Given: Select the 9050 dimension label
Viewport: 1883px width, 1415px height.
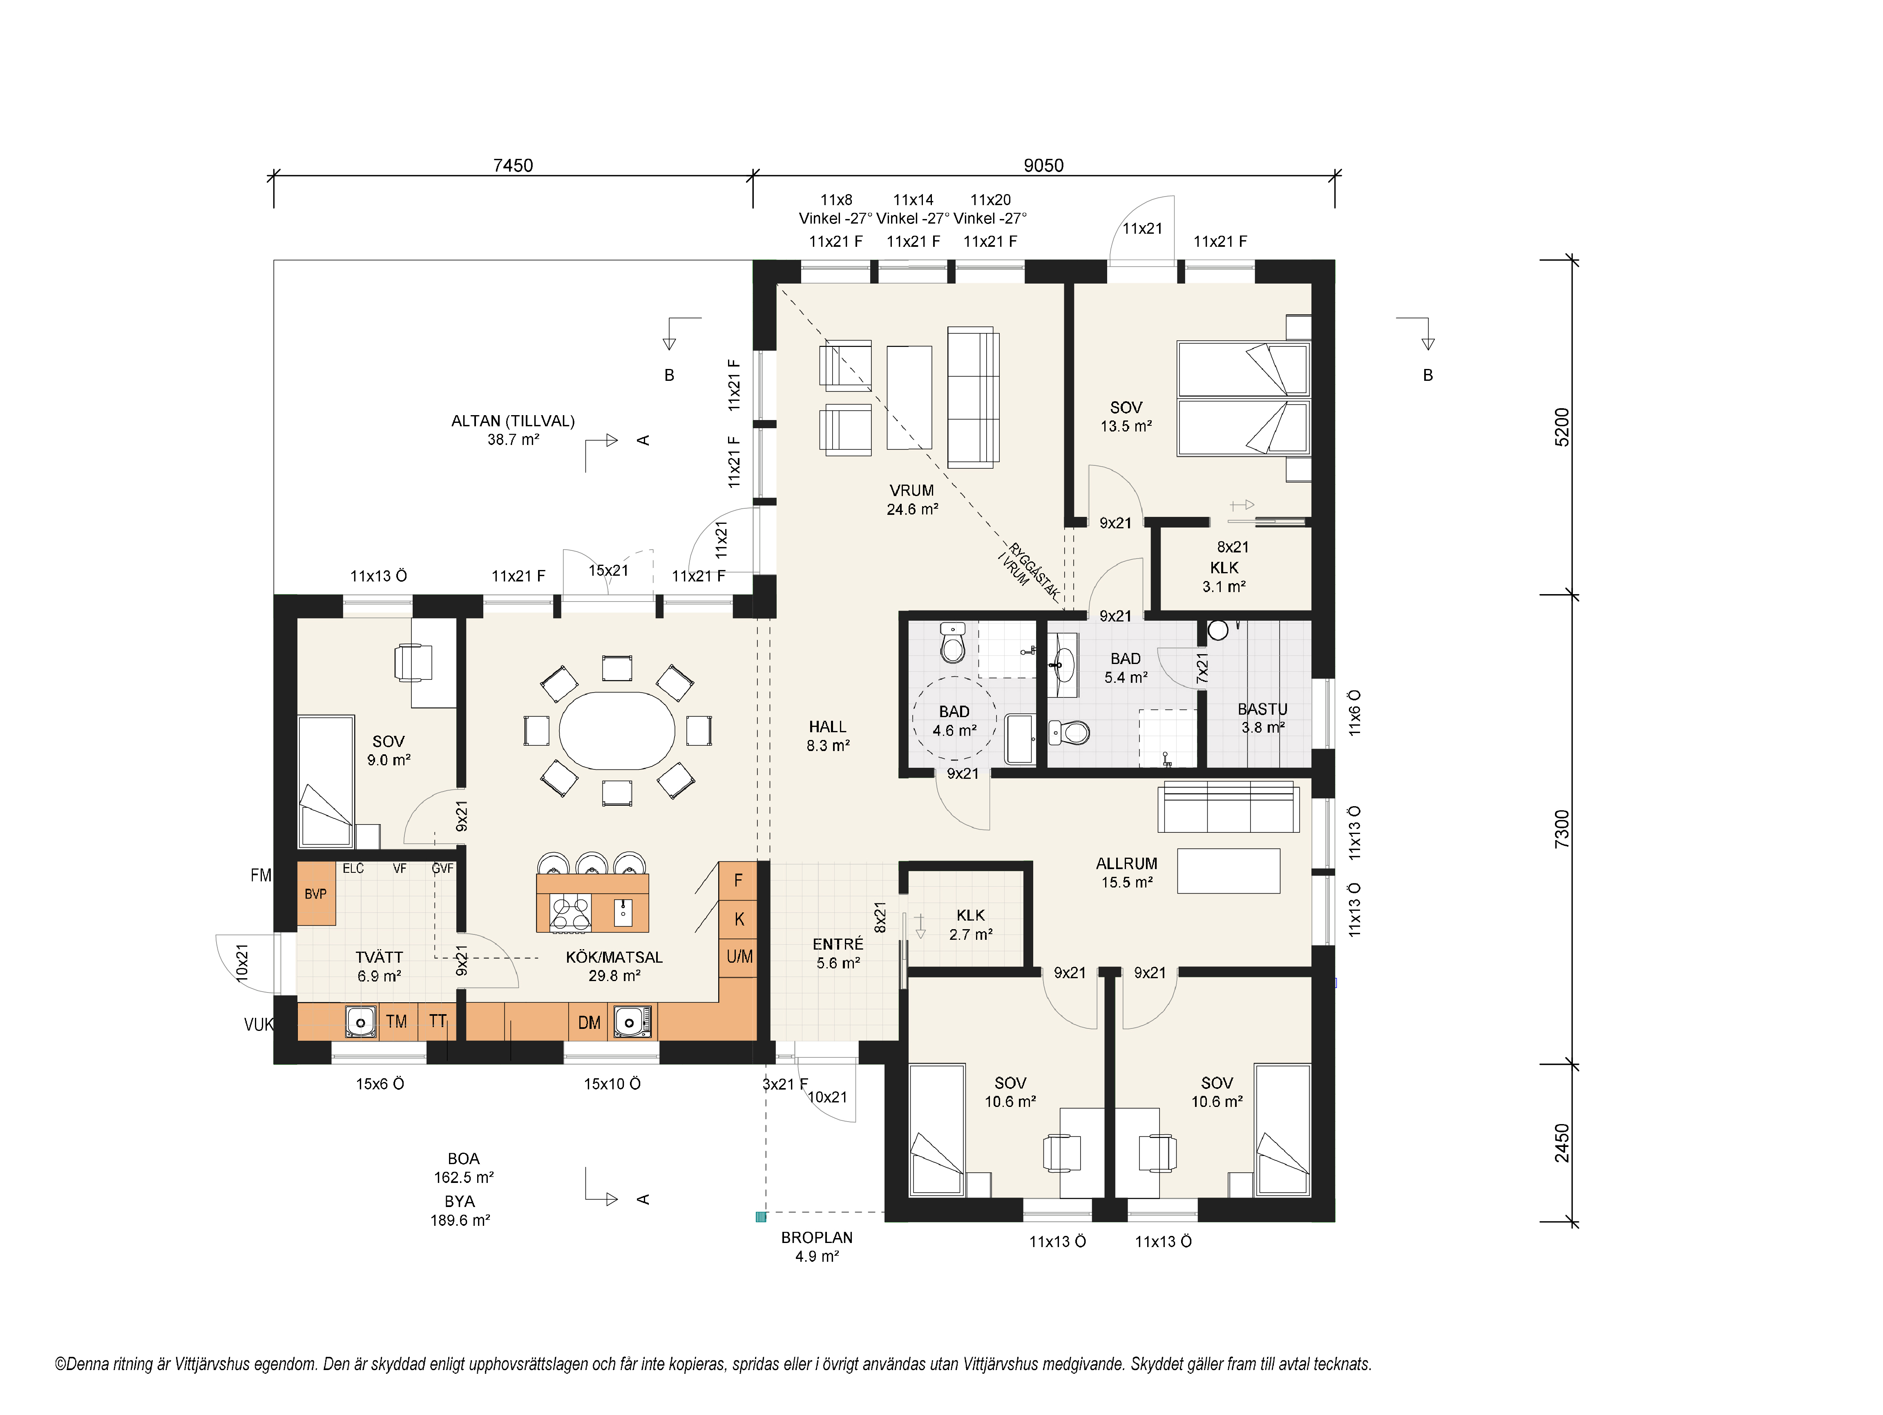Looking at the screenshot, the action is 1044,165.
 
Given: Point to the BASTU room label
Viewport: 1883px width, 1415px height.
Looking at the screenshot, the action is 1262,709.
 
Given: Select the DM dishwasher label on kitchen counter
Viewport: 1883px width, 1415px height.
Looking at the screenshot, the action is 589,1022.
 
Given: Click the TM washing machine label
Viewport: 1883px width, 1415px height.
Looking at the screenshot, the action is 396,1022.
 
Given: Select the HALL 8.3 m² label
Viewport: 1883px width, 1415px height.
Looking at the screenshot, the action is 828,735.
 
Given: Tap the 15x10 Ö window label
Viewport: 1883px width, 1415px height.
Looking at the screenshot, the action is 612,1084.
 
